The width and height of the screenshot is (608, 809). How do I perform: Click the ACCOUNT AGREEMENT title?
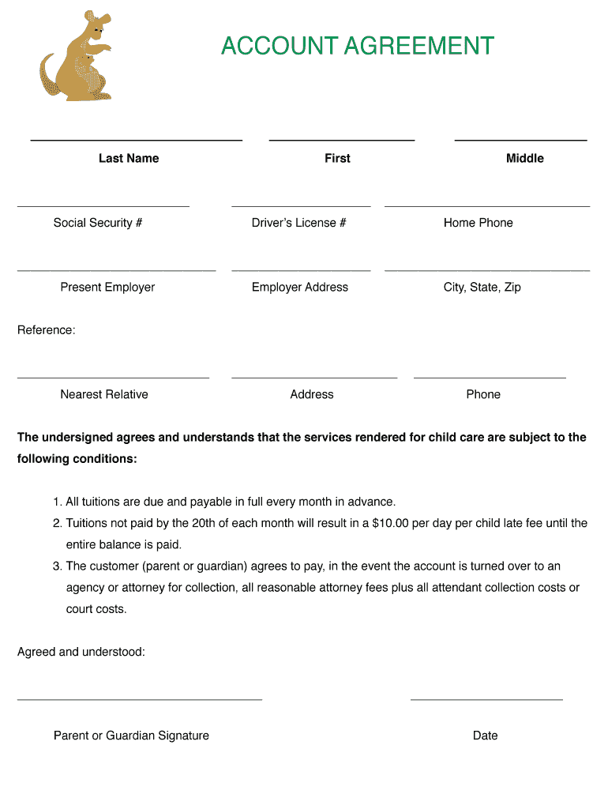(x=357, y=46)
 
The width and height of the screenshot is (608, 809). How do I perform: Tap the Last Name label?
(x=129, y=158)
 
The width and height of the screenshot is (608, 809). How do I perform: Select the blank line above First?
(x=341, y=141)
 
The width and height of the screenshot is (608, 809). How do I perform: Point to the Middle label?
(x=524, y=158)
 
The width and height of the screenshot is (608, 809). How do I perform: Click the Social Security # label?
(x=98, y=223)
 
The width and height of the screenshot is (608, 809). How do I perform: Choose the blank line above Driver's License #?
(x=301, y=206)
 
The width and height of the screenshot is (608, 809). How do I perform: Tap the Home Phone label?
(x=478, y=223)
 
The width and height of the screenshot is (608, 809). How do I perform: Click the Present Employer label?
(x=107, y=287)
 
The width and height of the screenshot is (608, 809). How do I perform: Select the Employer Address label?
(x=299, y=287)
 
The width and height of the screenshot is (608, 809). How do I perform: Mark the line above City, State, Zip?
(x=486, y=271)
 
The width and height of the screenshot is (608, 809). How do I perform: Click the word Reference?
(x=47, y=329)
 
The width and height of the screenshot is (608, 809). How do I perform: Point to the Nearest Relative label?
(x=104, y=394)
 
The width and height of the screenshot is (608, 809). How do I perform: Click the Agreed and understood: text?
(x=81, y=652)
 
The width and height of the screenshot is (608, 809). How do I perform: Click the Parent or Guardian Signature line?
(x=139, y=699)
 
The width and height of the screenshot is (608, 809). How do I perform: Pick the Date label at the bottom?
(x=485, y=736)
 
